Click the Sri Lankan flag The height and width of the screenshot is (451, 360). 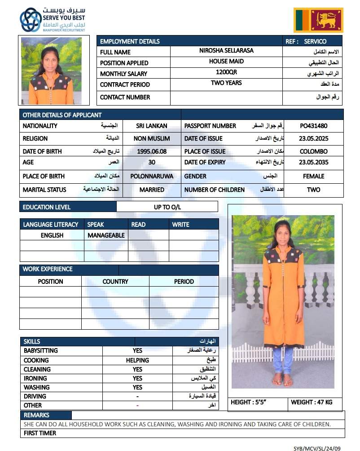click(318, 20)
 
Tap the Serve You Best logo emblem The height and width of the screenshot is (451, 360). click(30, 20)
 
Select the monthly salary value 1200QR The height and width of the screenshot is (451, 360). click(226, 72)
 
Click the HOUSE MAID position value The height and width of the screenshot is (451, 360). click(226, 61)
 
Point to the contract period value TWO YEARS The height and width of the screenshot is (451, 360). click(226, 83)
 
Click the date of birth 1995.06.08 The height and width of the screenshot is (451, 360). click(152, 151)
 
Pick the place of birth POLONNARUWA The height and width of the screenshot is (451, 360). click(152, 176)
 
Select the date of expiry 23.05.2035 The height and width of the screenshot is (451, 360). click(314, 162)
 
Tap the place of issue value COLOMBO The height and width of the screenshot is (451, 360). click(314, 151)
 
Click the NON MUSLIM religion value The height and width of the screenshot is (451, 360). click(152, 139)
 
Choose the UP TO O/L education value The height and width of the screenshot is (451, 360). click(167, 207)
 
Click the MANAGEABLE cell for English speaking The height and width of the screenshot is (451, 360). click(106, 235)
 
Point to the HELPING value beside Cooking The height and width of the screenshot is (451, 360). click(137, 360)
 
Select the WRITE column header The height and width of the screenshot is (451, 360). click(180, 224)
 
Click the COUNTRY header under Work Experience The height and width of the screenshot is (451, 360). click(115, 282)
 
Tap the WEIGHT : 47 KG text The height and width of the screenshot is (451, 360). click(312, 402)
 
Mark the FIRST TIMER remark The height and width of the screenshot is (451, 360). click(40, 433)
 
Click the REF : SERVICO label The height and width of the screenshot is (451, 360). click(306, 41)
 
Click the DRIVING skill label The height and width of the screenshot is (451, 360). click(35, 396)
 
